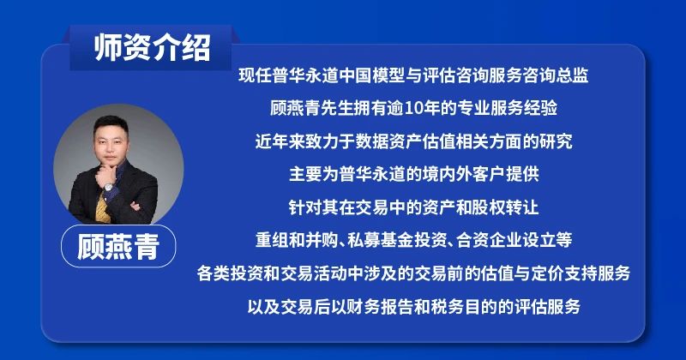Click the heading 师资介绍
pyautogui.click(x=152, y=47)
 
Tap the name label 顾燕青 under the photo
pyautogui.click(x=118, y=246)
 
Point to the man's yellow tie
pyautogui.click(x=102, y=207)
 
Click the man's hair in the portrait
pyautogui.click(x=111, y=123)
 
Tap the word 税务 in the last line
pyautogui.click(x=448, y=307)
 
